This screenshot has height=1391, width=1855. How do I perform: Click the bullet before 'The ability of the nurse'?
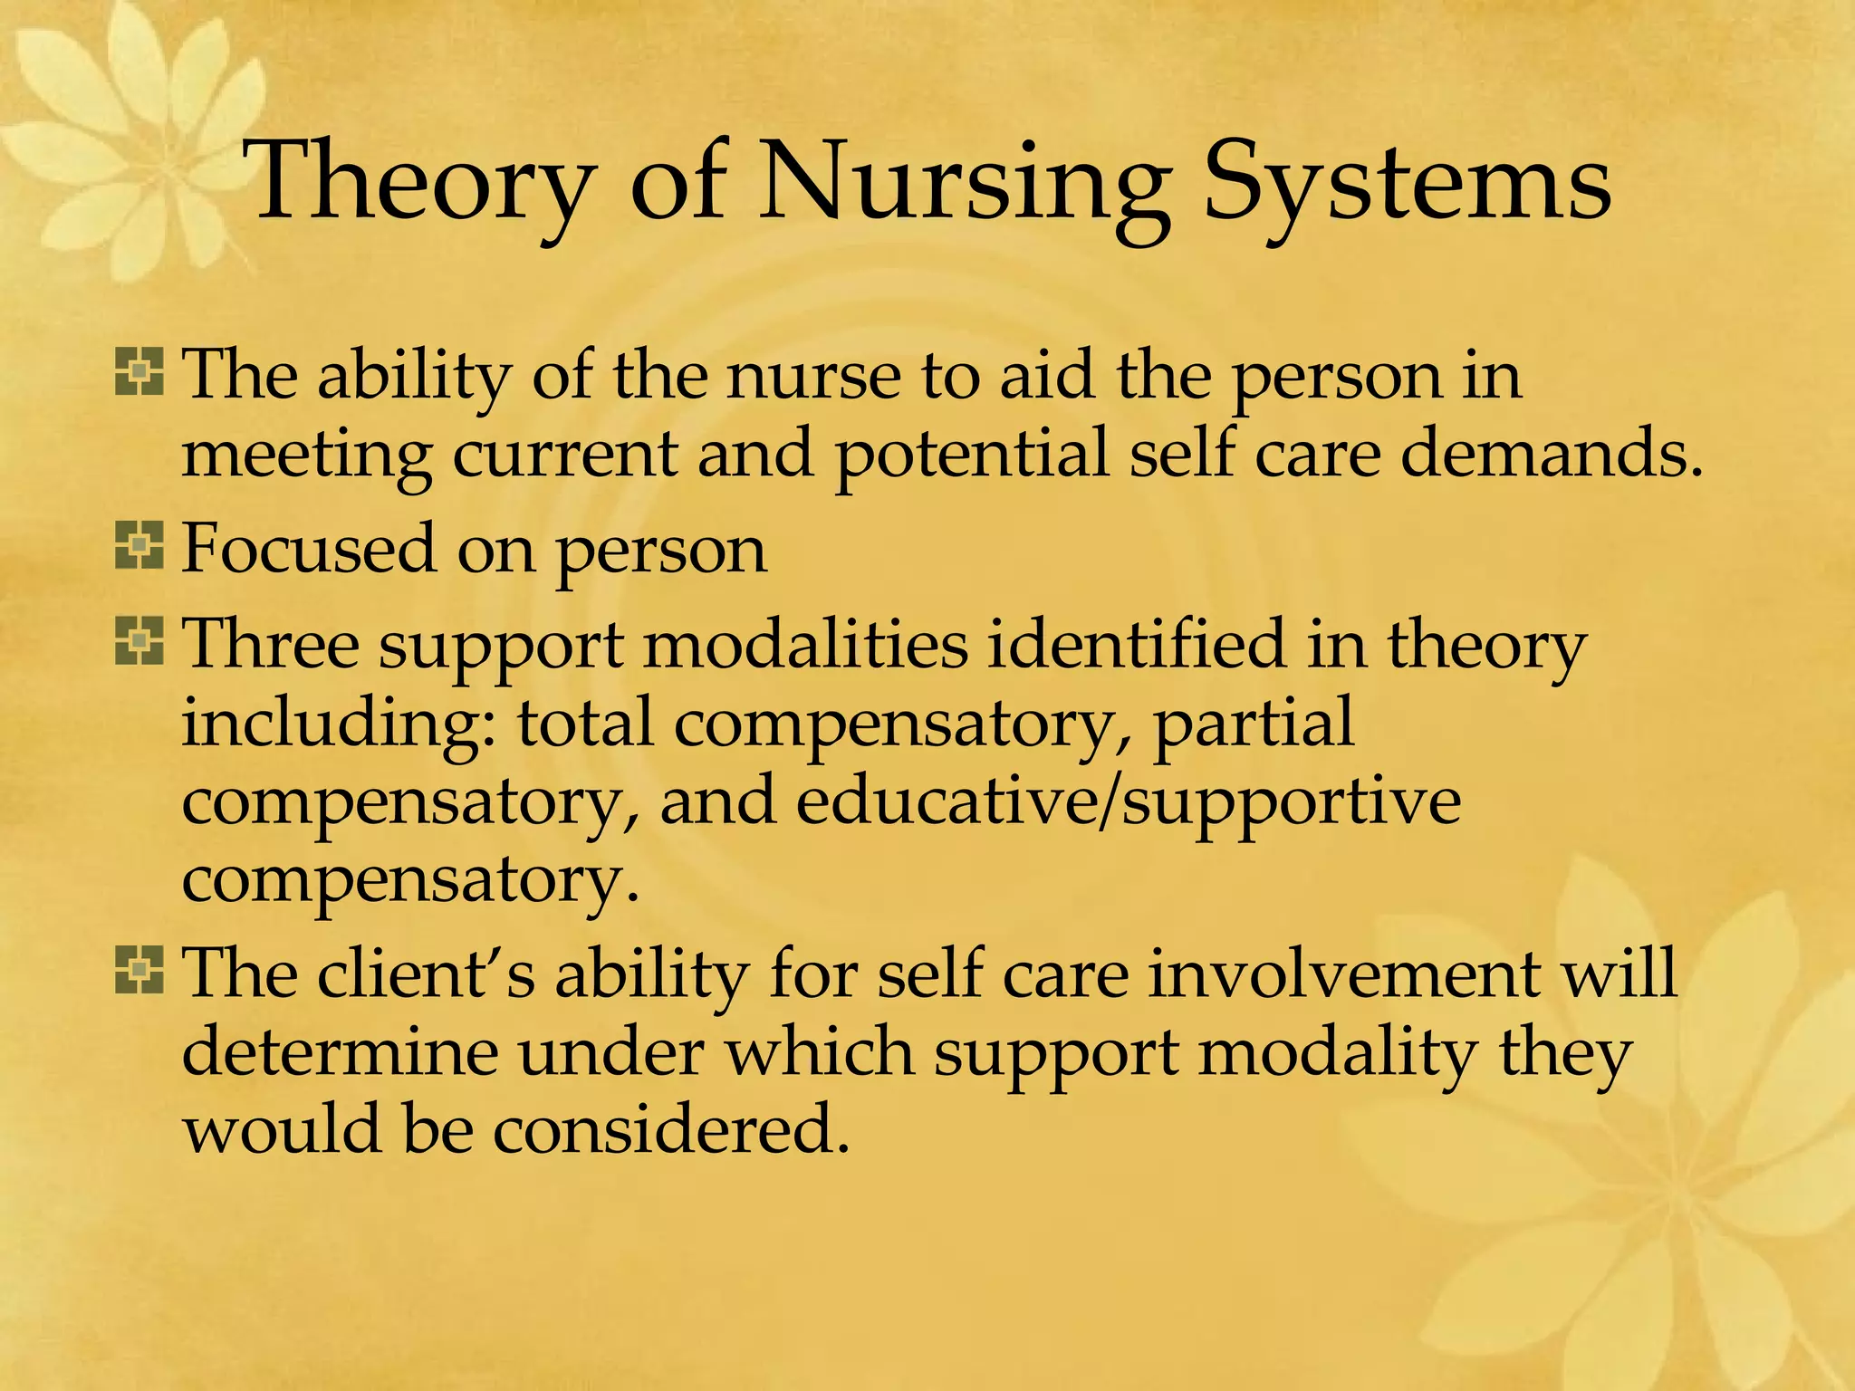139,373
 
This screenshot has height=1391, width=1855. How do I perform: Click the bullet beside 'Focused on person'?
139,546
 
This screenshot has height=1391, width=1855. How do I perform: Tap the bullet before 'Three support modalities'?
139,641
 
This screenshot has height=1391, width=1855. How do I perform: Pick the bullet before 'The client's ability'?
139,971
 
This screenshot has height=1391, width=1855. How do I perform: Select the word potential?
970,454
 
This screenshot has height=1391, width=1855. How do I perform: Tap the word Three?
271,644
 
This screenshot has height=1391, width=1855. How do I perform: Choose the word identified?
1136,644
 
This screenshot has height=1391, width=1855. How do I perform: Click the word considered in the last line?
670,1131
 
